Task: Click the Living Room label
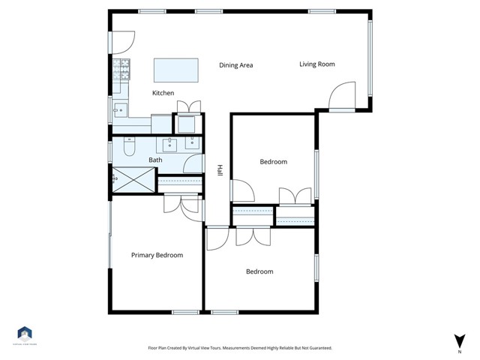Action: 316,64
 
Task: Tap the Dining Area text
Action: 235,65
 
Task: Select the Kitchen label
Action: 163,93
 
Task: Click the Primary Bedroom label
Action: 157,256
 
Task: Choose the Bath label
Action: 155,160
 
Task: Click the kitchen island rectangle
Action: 177,70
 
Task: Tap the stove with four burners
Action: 121,70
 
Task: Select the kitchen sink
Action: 119,110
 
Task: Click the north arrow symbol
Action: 458,340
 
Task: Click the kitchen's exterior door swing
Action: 122,42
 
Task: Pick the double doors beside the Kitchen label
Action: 188,105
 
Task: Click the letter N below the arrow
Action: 458,350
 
